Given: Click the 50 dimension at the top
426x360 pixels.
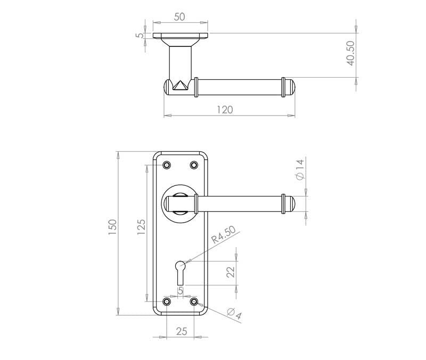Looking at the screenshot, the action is click(179, 17).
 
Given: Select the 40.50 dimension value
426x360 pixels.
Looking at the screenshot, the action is click(350, 53).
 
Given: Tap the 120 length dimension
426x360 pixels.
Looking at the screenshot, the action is click(225, 110).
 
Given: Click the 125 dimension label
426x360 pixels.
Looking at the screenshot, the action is click(141, 227).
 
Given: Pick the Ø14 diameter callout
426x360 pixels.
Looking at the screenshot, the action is click(300, 169).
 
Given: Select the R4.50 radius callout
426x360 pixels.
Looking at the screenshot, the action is click(224, 235).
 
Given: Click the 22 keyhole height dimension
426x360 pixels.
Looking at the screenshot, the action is click(231, 272).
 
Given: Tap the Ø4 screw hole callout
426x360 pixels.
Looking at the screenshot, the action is click(234, 314).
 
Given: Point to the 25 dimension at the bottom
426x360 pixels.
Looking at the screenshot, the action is click(182, 331).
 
